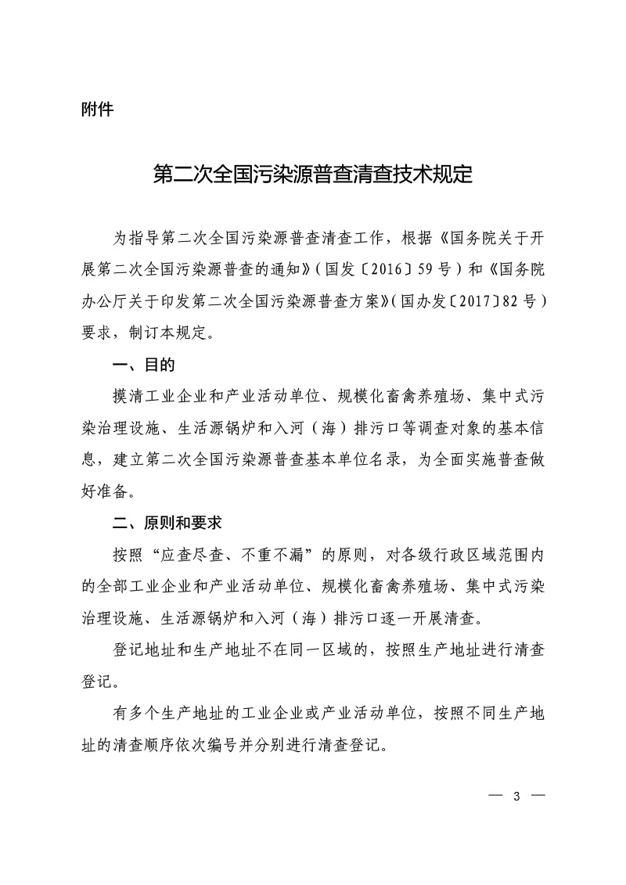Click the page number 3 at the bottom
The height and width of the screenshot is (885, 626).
(516, 797)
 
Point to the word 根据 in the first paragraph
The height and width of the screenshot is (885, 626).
(418, 238)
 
